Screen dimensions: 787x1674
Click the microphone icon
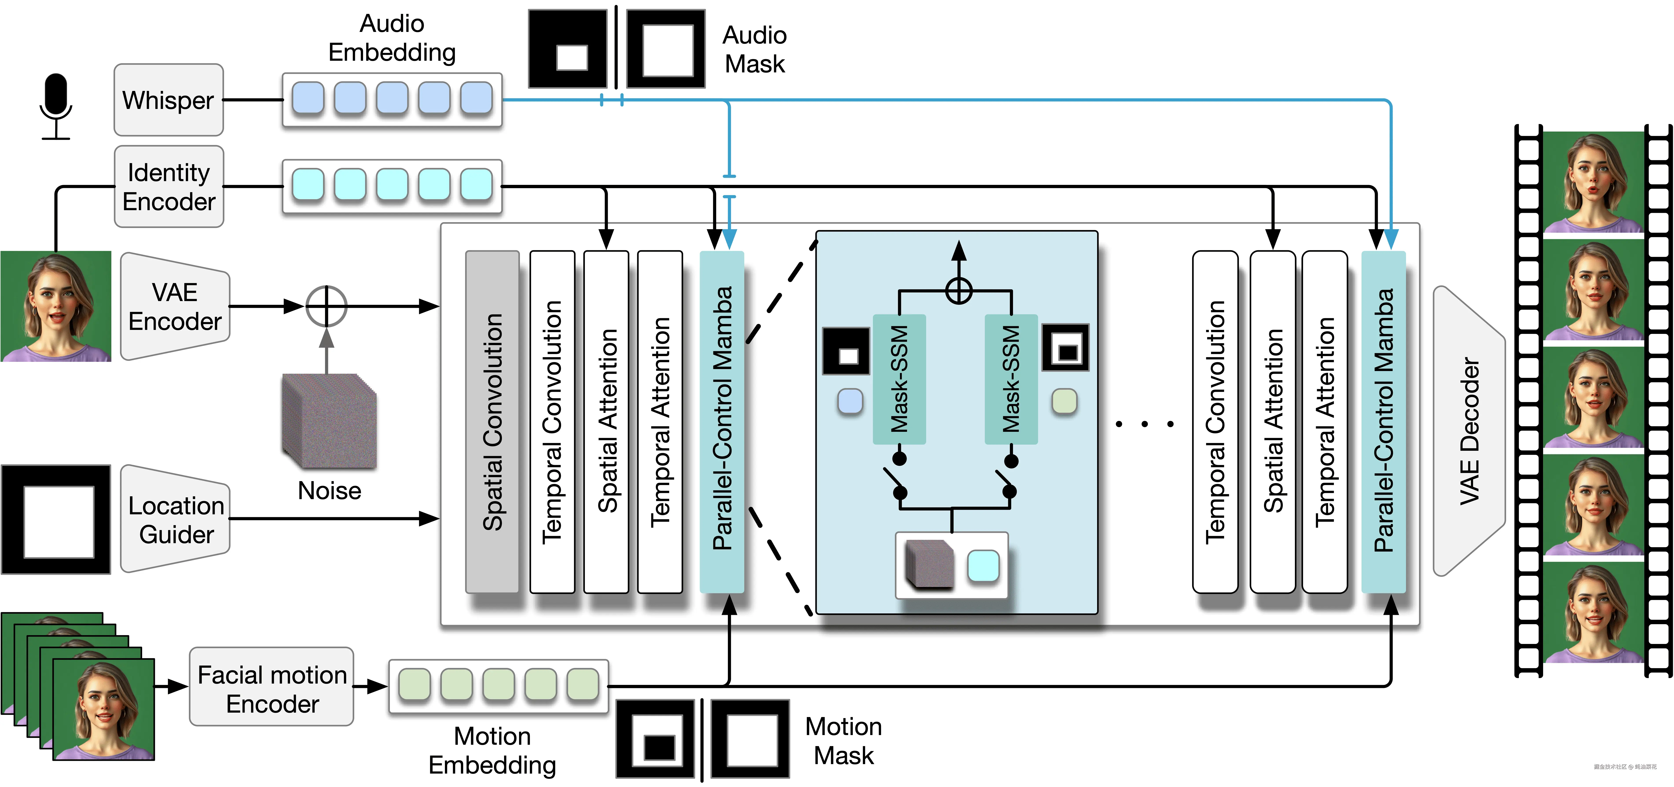[x=56, y=105]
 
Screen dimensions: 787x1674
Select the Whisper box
[x=168, y=100]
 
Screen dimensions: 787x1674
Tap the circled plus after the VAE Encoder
[x=326, y=306]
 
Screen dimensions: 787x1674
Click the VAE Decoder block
[x=1469, y=431]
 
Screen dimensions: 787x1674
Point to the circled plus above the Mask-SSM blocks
[x=958, y=291]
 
